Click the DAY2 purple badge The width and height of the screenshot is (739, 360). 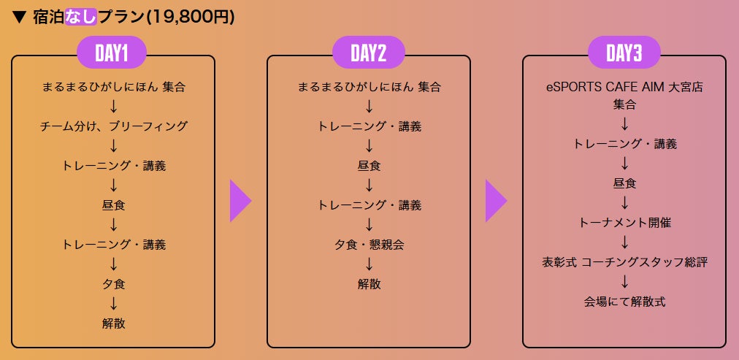(x=368, y=53)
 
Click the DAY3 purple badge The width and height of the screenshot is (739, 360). (x=624, y=53)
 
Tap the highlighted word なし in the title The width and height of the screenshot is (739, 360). (x=80, y=17)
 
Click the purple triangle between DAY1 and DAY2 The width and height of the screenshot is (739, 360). (x=240, y=201)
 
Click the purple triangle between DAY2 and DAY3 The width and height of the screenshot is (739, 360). (x=496, y=201)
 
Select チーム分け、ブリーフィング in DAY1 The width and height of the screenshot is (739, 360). (x=113, y=126)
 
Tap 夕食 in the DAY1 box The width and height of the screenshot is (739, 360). (x=113, y=284)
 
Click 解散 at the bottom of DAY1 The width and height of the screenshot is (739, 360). (x=113, y=323)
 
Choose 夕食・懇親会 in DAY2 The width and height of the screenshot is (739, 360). (x=369, y=245)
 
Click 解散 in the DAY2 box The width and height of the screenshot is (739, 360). (x=369, y=284)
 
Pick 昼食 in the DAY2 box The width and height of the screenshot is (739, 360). (x=369, y=166)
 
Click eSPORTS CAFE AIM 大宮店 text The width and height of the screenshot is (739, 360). (x=624, y=87)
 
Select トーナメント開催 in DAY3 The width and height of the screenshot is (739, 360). (x=624, y=222)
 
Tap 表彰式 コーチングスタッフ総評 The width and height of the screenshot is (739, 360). (x=624, y=261)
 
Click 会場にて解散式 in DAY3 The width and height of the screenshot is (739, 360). (x=624, y=301)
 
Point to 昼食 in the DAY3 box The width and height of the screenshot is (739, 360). (x=624, y=183)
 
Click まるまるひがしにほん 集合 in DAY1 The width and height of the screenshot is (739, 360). (x=113, y=87)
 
